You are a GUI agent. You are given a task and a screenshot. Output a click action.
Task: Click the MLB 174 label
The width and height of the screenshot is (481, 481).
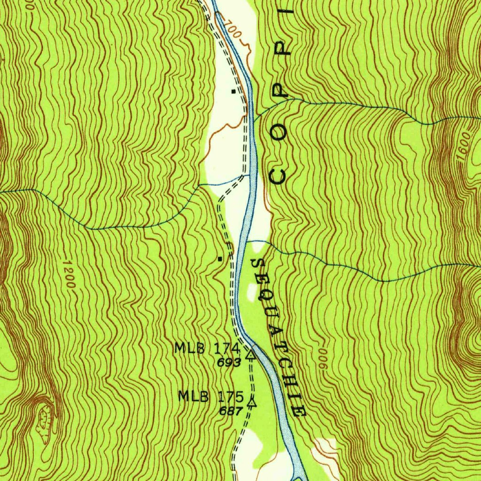[x=207, y=349]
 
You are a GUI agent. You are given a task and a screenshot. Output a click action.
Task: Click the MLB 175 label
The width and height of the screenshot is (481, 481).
[x=210, y=396]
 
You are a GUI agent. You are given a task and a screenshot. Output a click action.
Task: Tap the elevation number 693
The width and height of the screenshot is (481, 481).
[x=229, y=363]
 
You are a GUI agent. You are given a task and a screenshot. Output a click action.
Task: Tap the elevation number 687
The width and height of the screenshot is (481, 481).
[x=231, y=411]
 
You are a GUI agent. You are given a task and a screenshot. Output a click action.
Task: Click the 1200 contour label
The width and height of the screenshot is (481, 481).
[x=69, y=275]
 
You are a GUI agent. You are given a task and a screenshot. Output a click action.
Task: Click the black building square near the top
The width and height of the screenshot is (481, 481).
[x=233, y=92]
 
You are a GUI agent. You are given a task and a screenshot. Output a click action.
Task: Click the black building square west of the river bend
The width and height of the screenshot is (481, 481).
[x=219, y=258]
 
